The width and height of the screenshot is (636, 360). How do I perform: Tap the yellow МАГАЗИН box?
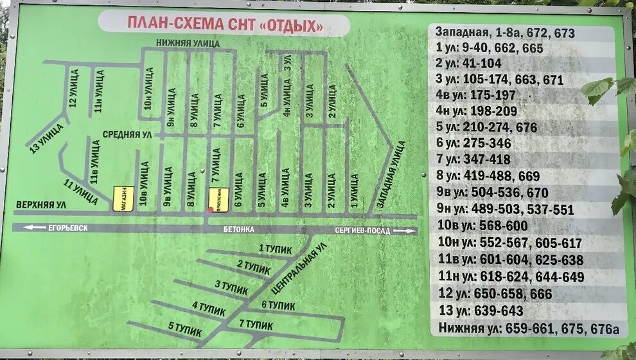point(123,199)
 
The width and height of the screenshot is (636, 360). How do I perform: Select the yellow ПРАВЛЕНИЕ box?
point(218,199)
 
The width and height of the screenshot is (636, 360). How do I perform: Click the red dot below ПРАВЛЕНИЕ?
point(211,209)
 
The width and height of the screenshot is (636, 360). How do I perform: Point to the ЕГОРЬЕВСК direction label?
point(64,228)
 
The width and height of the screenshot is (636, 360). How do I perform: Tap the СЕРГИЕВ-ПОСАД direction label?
point(363,230)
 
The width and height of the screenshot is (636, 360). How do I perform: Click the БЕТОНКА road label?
point(240,230)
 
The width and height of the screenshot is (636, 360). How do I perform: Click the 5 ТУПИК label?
point(185,329)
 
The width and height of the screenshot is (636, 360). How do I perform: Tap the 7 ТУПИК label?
point(256,325)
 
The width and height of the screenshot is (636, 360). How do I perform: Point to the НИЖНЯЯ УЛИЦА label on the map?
point(188,43)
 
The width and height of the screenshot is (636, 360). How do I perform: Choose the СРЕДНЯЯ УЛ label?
point(129,134)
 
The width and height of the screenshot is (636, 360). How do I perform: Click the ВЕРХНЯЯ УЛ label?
point(40,204)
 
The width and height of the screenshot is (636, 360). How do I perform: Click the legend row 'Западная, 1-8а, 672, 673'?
point(505,32)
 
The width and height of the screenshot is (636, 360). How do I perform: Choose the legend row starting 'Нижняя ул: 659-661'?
point(528,328)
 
